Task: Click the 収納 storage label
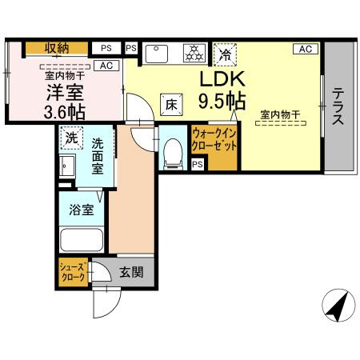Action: point(55,48)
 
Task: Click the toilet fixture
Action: point(170,152)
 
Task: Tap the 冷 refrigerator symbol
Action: point(226,55)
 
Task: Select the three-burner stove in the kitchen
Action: point(193,54)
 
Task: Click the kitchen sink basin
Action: point(158,54)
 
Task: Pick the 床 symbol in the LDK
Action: point(171,102)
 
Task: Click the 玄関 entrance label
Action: point(131,272)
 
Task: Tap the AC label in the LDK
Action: point(305,49)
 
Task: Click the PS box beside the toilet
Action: point(197,164)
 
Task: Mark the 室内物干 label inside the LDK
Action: point(279,117)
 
